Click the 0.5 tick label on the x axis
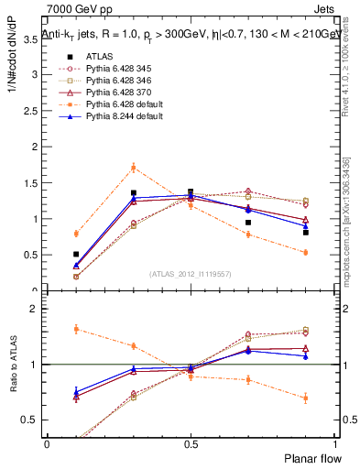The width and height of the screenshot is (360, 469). point(190,442)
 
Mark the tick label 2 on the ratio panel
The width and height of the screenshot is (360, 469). point(33,309)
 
